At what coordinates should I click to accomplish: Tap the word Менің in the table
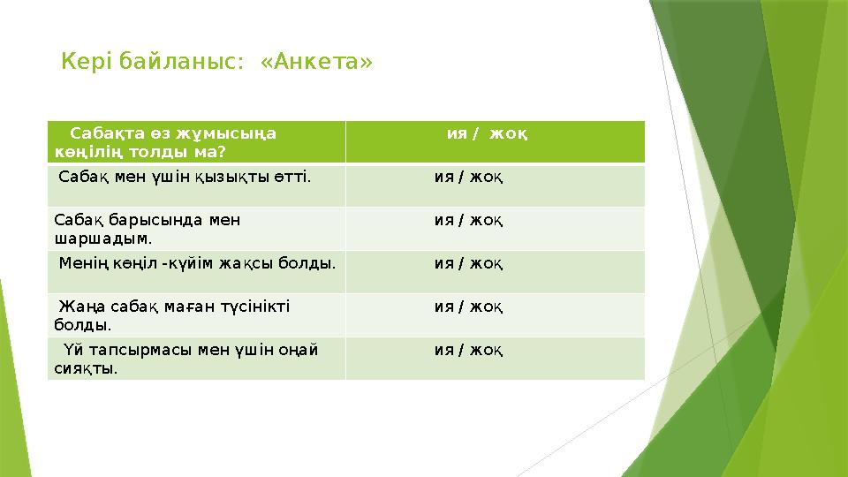(79, 263)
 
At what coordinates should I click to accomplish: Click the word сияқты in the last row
(86, 367)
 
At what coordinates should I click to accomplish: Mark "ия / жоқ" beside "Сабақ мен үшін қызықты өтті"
(469, 177)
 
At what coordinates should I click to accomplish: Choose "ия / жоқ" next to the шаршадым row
(469, 220)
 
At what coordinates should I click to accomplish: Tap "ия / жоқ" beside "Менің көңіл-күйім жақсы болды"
(469, 263)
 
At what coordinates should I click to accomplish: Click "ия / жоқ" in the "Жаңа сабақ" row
(469, 307)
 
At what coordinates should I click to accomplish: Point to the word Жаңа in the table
(77, 307)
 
